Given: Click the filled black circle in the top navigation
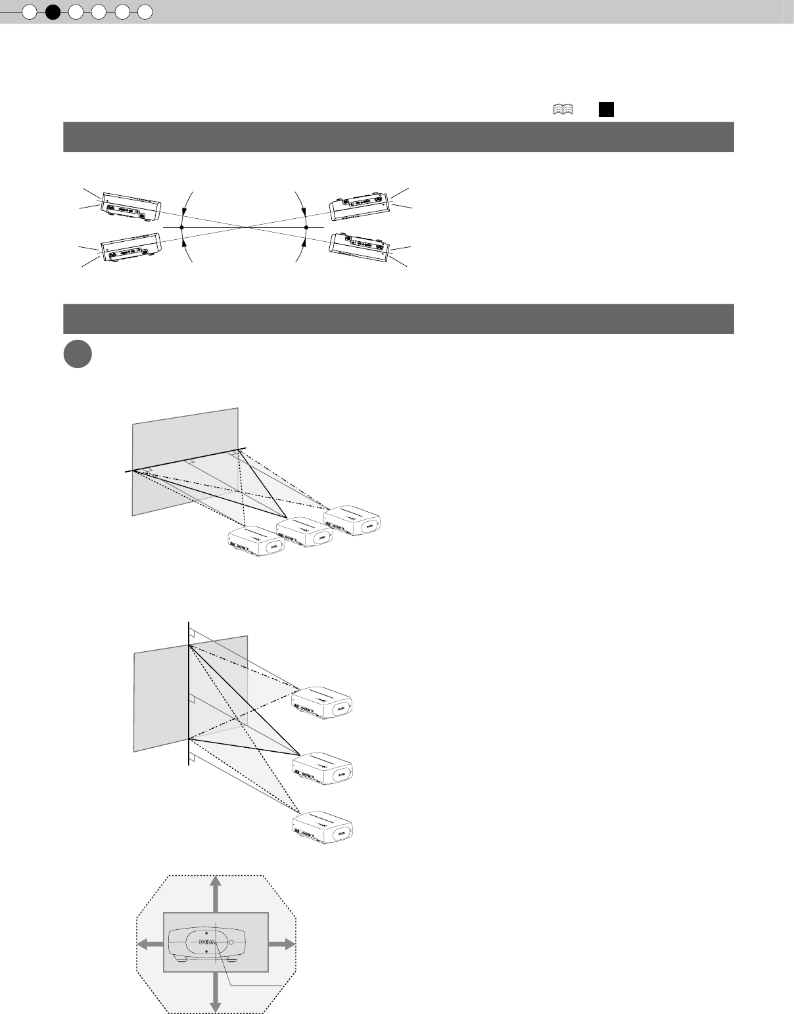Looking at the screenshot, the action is [x=53, y=11].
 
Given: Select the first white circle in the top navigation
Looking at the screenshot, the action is [x=29, y=11].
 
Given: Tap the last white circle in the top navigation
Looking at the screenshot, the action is [x=145, y=11].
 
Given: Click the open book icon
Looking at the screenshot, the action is [x=563, y=110].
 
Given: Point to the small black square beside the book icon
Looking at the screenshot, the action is [x=606, y=110].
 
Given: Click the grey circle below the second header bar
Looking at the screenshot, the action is [x=78, y=354].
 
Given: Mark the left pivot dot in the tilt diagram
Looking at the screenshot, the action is [x=181, y=227].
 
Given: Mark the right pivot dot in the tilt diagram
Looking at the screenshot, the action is [x=306, y=227].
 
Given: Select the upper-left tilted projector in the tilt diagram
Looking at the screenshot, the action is [x=131, y=206].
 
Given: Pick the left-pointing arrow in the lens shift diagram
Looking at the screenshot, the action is [x=150, y=944].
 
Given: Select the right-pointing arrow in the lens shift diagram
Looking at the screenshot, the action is [x=282, y=944].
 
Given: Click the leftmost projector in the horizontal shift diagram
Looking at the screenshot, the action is [x=256, y=542].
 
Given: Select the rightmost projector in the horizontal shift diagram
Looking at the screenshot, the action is [x=353, y=520].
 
